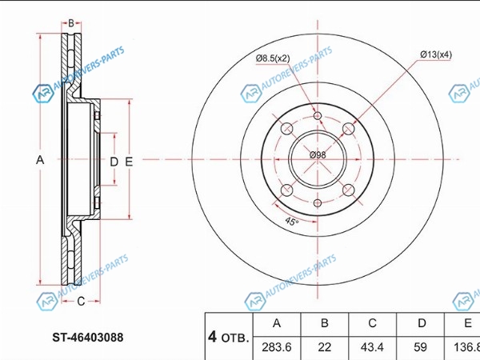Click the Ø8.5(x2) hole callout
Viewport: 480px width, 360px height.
[273, 58]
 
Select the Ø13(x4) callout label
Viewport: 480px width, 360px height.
[436, 54]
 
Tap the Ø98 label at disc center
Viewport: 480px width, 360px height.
[318, 155]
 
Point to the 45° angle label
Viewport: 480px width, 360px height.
[291, 221]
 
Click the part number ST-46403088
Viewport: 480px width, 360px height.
[88, 338]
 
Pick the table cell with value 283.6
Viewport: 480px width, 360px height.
[277, 347]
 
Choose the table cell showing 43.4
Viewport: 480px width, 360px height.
[372, 347]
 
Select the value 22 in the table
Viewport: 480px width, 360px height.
[325, 347]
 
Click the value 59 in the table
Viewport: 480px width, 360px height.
[420, 347]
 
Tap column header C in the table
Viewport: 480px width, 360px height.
[372, 323]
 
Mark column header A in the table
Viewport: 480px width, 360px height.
[277, 323]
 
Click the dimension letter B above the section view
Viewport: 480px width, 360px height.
[71, 23]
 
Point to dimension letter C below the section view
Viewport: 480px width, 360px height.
[81, 302]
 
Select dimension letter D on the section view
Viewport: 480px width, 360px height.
[114, 162]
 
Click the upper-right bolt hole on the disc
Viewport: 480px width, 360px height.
[348, 129]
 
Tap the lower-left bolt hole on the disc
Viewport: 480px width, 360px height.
[287, 190]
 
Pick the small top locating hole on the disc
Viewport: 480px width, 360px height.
[318, 116]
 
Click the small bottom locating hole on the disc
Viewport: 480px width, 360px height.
[318, 203]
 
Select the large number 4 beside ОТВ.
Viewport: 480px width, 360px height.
[212, 337]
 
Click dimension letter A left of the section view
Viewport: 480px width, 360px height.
[40, 160]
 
